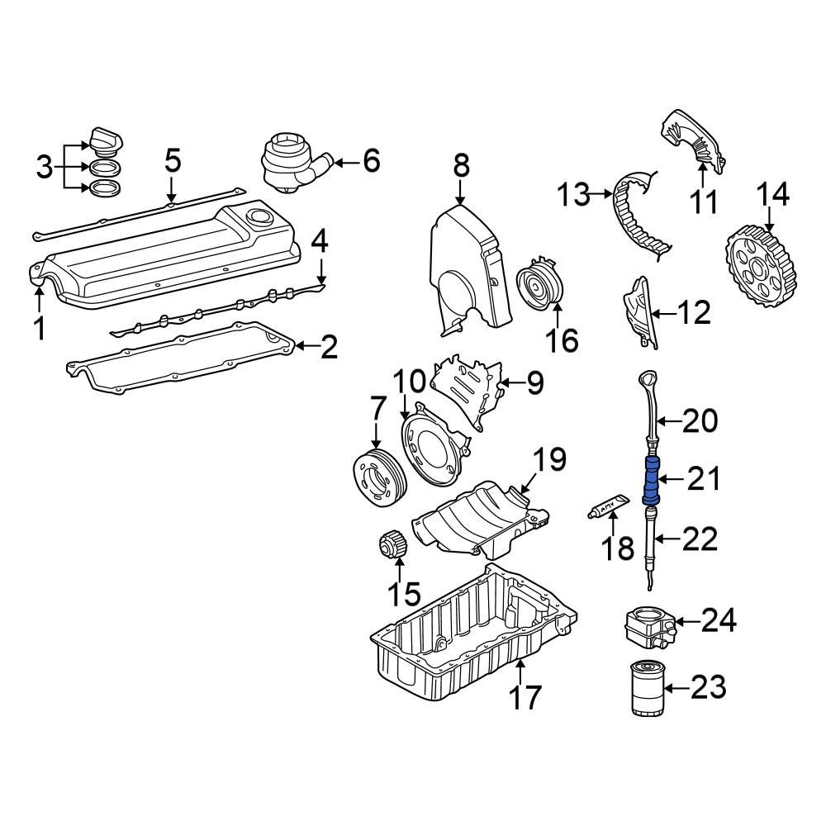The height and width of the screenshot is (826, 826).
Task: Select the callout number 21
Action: pos(704,479)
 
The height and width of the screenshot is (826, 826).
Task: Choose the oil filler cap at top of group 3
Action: pos(104,142)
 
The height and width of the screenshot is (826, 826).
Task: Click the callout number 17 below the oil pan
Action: pos(525,697)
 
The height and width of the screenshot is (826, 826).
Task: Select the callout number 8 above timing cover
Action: pos(460,165)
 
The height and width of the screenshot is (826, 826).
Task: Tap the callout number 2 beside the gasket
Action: pos(328,348)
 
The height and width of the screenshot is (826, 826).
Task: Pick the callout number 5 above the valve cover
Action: pos(171,160)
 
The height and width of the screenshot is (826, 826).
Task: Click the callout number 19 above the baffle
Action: pos(549,460)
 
